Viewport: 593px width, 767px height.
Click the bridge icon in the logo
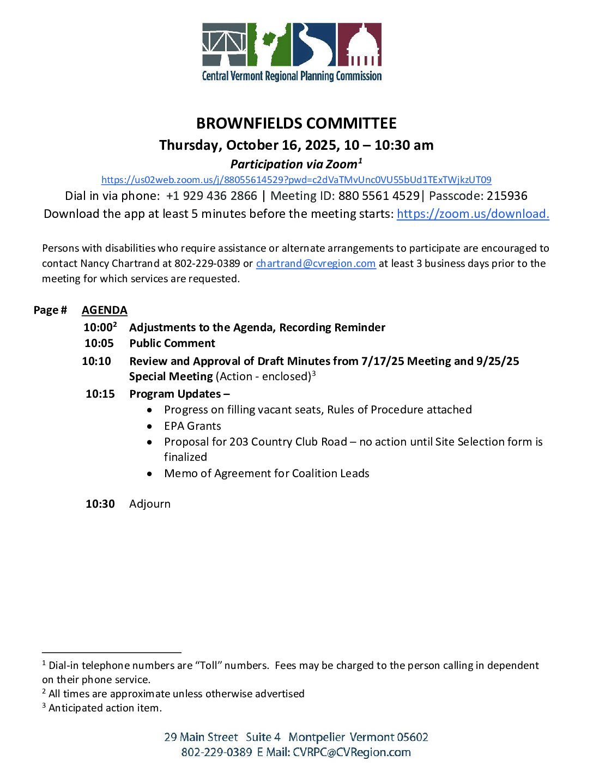(x=224, y=45)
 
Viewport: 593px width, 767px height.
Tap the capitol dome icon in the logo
(x=360, y=45)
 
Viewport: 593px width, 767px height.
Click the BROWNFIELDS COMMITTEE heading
(x=296, y=124)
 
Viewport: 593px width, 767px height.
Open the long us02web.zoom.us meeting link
(x=296, y=180)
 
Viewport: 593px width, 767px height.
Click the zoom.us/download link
(x=473, y=214)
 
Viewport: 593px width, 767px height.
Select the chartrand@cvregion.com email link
(x=316, y=264)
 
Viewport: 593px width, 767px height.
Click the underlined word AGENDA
(x=105, y=311)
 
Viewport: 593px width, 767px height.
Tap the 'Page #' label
(x=50, y=311)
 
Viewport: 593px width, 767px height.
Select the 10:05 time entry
(x=99, y=344)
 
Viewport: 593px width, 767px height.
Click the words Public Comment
(x=172, y=344)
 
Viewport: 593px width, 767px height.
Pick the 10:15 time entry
(x=100, y=394)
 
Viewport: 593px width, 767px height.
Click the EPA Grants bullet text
(x=193, y=427)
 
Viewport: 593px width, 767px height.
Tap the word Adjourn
(x=150, y=504)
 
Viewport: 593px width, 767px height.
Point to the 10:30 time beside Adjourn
(x=100, y=504)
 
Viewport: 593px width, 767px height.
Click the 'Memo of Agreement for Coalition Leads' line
(x=267, y=474)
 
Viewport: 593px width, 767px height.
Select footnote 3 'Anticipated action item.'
(x=105, y=708)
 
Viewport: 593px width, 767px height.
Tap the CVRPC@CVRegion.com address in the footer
(x=352, y=753)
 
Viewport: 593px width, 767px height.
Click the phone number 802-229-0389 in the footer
(x=217, y=753)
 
